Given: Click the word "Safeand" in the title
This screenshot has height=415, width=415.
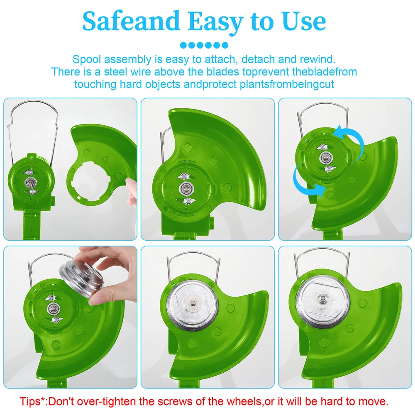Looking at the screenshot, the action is point(131,21).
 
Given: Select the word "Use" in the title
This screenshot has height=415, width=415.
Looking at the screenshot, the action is point(304,21).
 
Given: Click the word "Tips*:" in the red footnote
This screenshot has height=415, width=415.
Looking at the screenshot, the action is point(34,402).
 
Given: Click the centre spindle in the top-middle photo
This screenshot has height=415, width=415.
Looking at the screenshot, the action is point(186,188).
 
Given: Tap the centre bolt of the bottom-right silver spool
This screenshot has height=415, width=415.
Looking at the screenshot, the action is point(322,299).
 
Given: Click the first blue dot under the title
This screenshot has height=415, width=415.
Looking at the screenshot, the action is point(183,45).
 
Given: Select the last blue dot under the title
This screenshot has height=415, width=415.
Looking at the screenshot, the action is point(225,45).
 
